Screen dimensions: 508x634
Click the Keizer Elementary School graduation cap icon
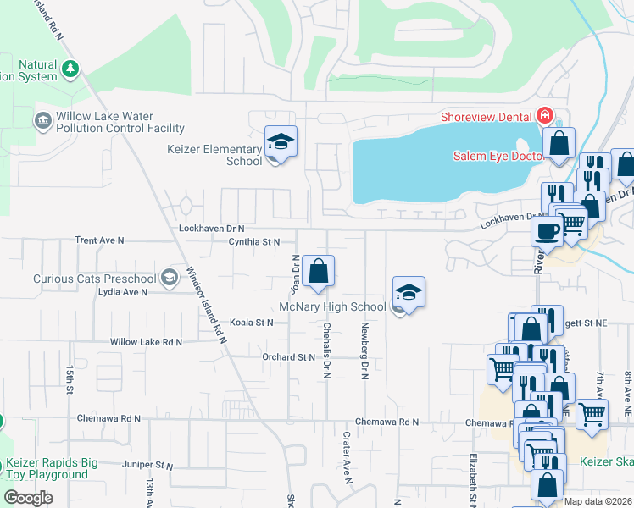(280, 141)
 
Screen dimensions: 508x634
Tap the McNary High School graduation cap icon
(409, 293)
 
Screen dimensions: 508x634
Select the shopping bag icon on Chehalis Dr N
(318, 272)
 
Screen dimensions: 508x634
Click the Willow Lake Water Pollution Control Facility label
(120, 122)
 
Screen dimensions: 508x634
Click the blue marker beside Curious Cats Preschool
(170, 278)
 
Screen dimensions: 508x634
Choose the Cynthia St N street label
(253, 241)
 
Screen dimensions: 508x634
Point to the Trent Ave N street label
(99, 240)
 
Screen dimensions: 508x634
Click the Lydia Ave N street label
(122, 291)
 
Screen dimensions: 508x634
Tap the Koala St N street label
(252, 323)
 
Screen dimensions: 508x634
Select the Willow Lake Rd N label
(146, 342)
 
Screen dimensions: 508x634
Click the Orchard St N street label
(288, 357)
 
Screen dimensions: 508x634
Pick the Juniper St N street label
(147, 466)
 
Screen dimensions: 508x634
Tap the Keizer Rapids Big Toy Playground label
(52, 468)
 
